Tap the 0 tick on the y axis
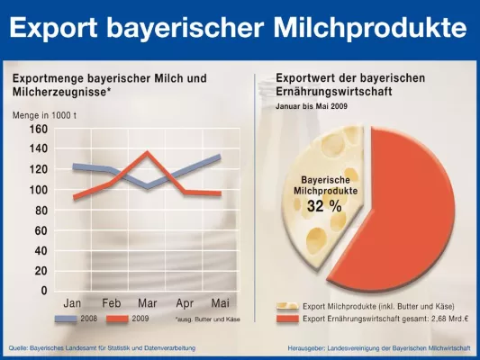tap(43, 292)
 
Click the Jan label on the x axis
tap(73, 304)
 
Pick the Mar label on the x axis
tap(148, 304)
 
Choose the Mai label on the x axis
tap(220, 304)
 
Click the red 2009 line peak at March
tap(147, 152)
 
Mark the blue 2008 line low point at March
tap(147, 187)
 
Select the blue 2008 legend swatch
tap(69, 319)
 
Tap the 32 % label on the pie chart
tap(324, 206)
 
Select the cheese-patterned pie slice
tap(320, 234)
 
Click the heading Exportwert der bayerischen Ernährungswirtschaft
tap(350, 85)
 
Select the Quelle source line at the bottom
tap(102, 347)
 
